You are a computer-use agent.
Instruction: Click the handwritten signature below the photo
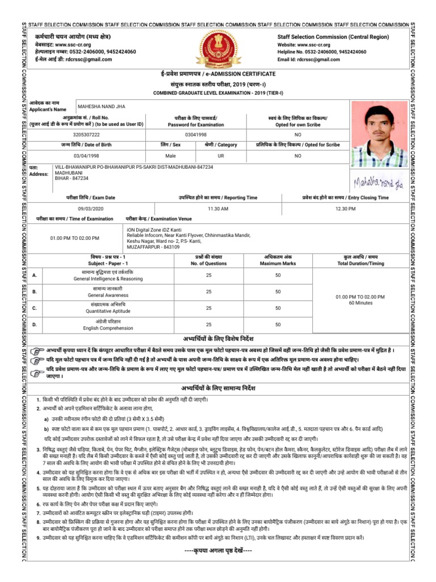point(371,182)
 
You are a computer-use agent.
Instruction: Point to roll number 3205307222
point(98,135)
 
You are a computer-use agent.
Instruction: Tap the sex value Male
point(170,156)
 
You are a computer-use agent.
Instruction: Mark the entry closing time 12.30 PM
point(345,209)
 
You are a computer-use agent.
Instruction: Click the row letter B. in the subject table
point(35,292)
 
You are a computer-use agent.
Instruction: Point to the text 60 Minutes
point(360,303)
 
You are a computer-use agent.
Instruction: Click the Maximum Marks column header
point(278,264)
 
